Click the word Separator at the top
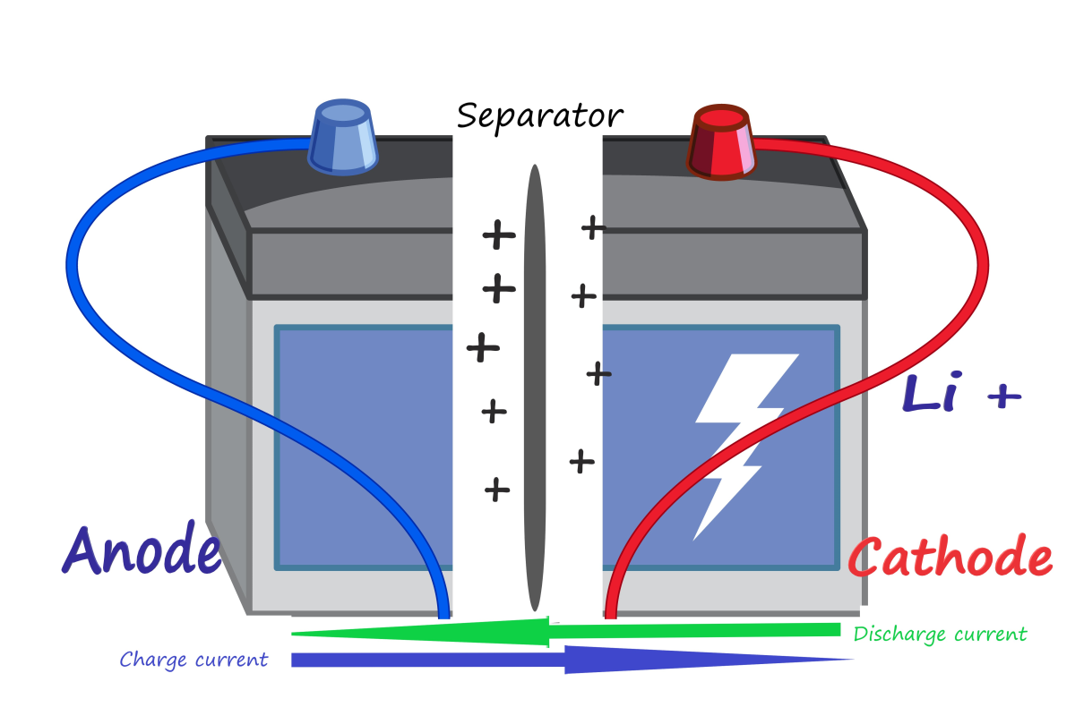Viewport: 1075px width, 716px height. coord(539,116)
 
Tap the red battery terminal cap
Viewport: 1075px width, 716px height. coord(721,142)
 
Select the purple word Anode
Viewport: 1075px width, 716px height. coord(142,550)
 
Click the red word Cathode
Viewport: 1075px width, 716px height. coord(950,558)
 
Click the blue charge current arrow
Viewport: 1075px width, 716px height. coord(573,660)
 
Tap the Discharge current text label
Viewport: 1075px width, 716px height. coord(940,635)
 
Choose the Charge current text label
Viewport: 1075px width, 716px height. coord(193,661)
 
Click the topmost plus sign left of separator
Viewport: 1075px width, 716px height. coord(499,235)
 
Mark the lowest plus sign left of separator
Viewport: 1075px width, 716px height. coord(497,489)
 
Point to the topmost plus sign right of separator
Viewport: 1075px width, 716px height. coord(593,227)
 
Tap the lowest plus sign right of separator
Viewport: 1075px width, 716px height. coord(581,461)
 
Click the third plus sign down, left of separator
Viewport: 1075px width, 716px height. coord(483,347)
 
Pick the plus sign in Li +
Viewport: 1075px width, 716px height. coord(1003,396)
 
